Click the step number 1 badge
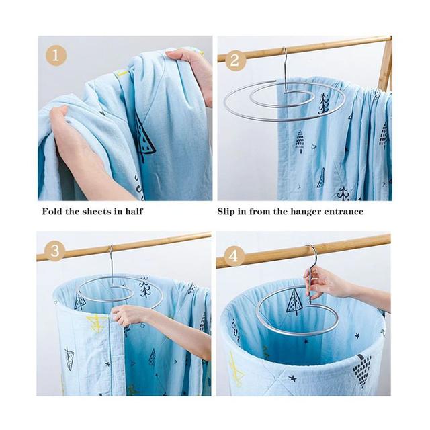(x=56, y=56)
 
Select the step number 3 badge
(x=55, y=251)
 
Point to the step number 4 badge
(x=234, y=257)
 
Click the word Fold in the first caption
(x=52, y=212)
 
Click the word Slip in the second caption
(x=226, y=212)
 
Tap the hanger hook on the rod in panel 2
(x=285, y=58)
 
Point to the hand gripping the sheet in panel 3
(x=127, y=315)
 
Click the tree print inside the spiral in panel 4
(x=295, y=302)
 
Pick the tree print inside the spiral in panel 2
(x=324, y=103)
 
